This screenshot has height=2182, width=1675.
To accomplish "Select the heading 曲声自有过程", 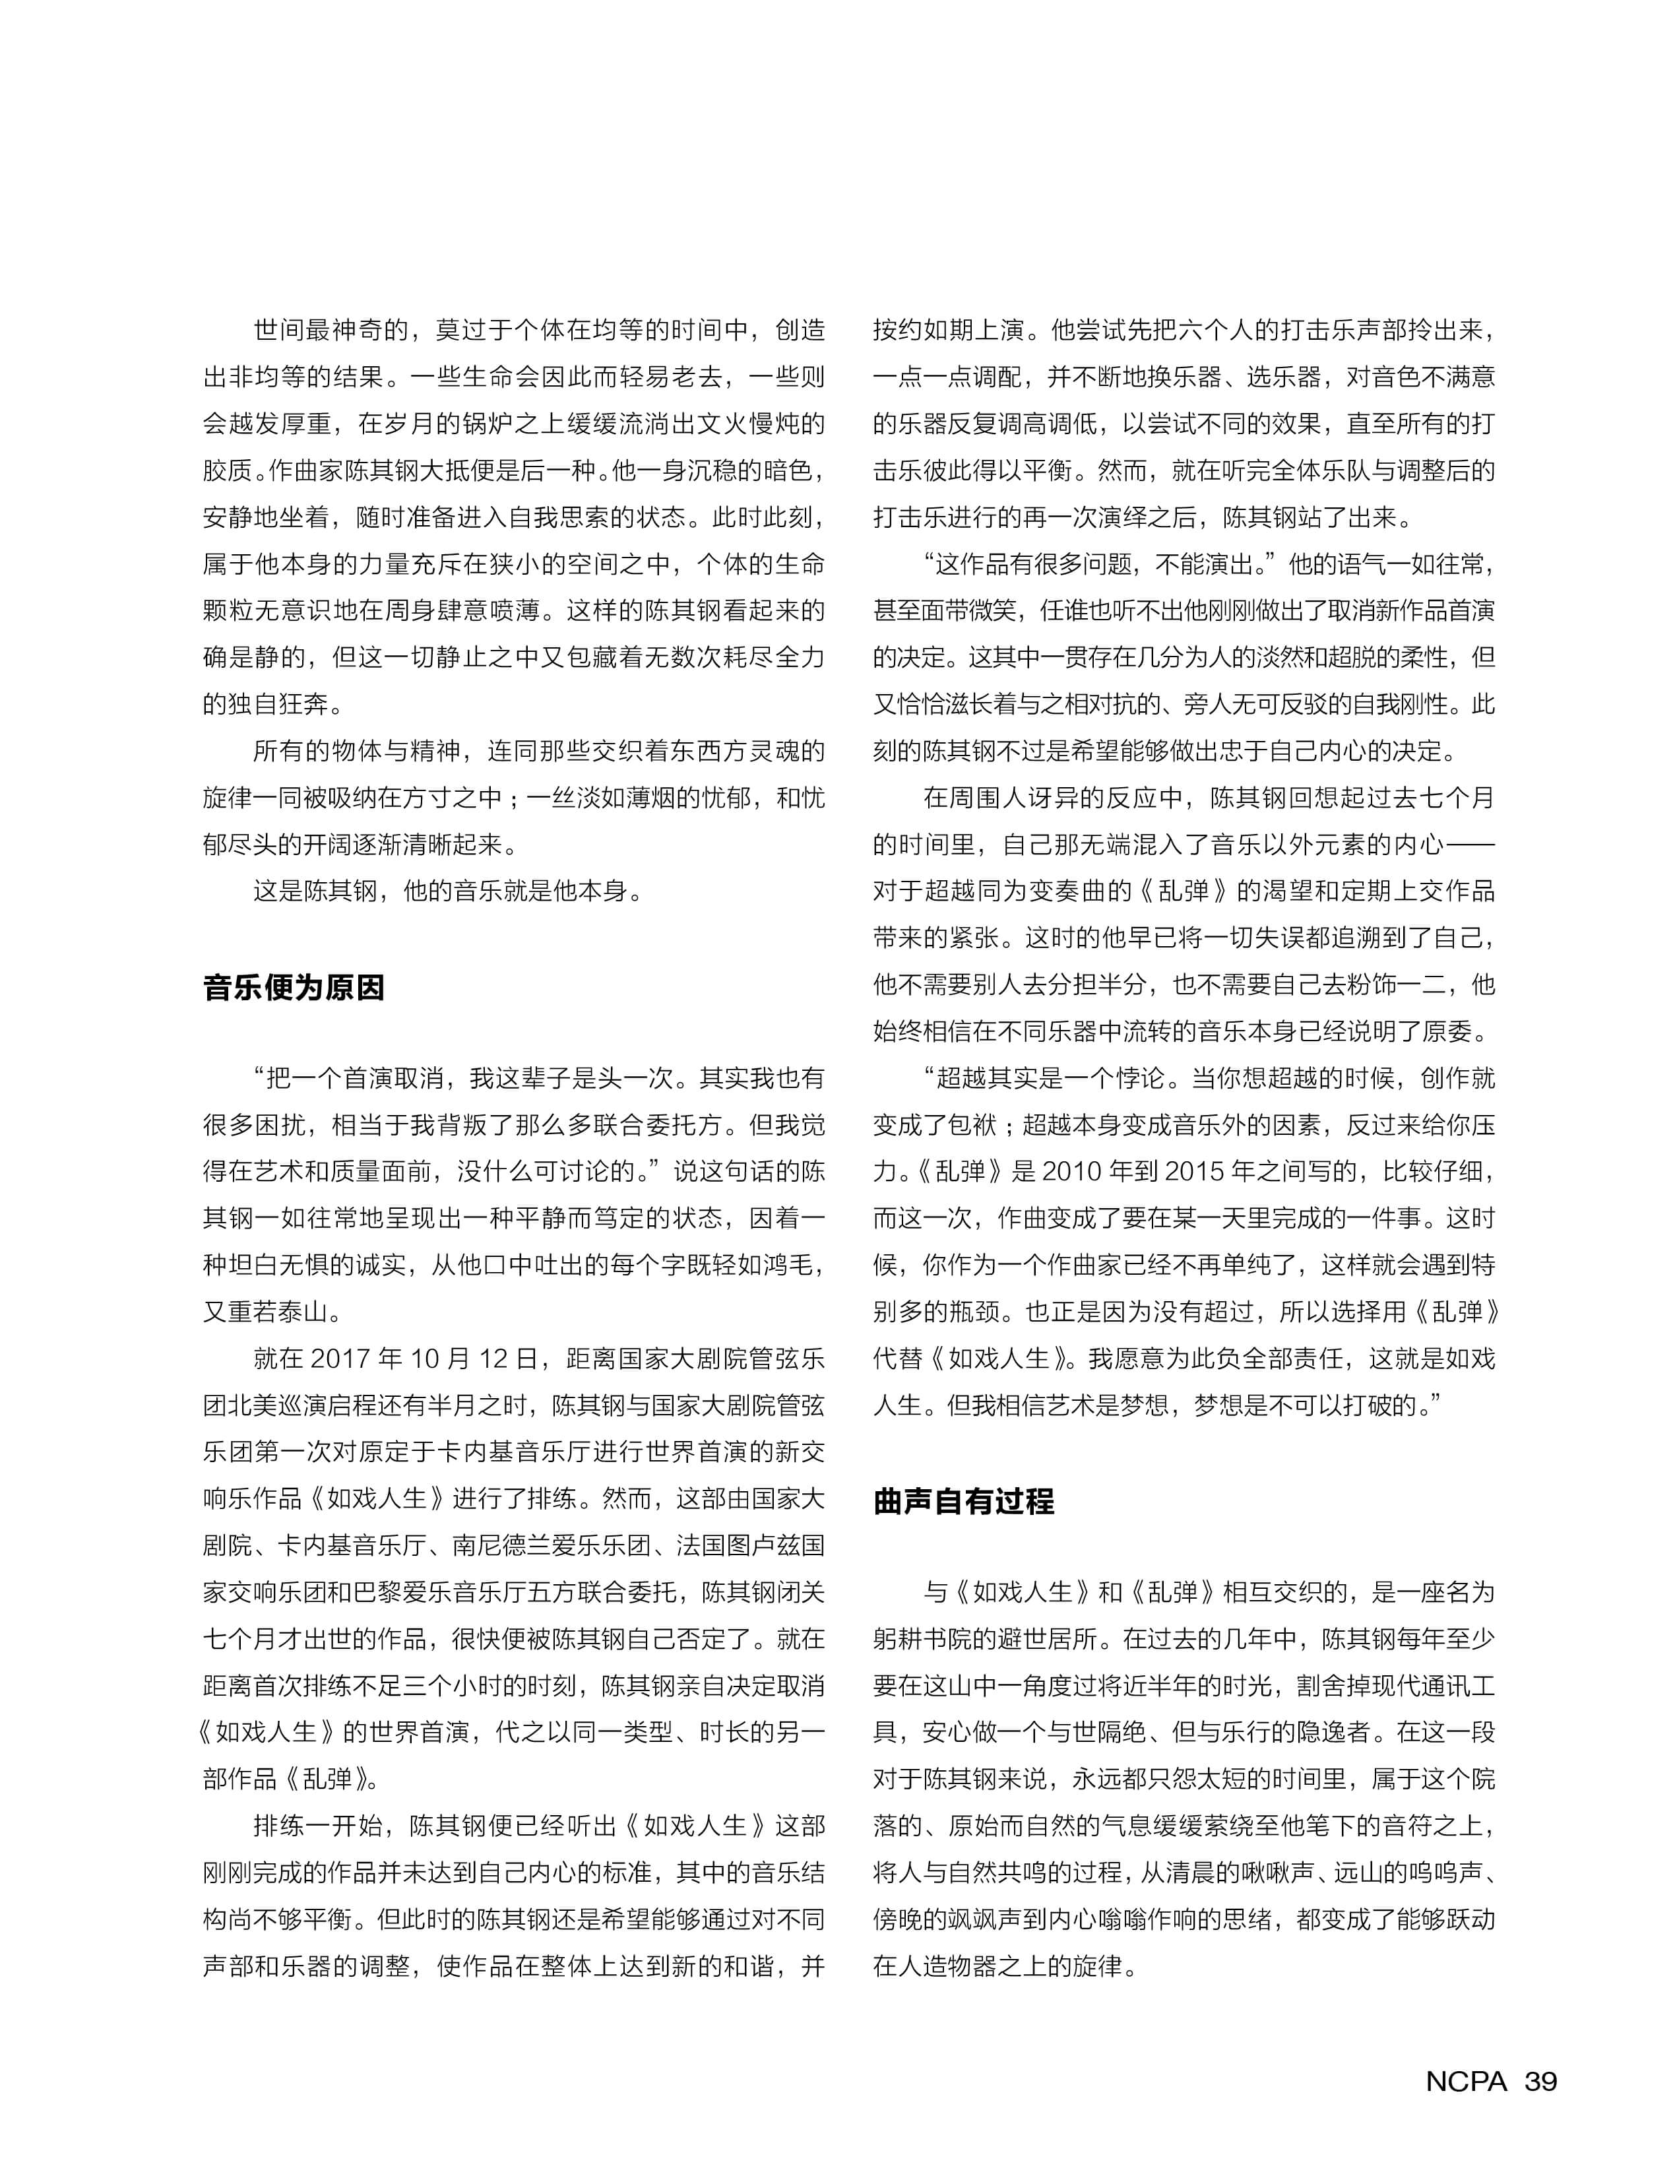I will point(963,1502).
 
